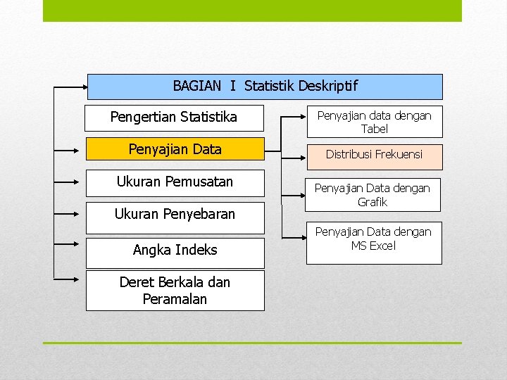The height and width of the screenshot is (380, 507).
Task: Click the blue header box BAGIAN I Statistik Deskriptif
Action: [265, 87]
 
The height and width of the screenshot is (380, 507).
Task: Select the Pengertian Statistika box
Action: [174, 118]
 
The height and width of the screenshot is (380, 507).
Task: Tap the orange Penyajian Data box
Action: [175, 149]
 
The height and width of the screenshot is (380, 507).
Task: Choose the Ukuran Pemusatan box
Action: [175, 182]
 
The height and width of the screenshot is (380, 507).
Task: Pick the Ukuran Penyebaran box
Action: [175, 214]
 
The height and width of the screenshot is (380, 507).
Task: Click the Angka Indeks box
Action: [175, 251]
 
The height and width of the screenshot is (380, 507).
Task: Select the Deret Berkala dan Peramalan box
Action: [175, 290]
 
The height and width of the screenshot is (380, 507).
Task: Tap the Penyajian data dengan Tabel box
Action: [374, 122]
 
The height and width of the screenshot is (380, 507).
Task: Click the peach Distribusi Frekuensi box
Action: [374, 155]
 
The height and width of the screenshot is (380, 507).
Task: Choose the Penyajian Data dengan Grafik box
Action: [374, 195]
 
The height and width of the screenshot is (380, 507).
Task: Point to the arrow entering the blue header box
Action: [70, 88]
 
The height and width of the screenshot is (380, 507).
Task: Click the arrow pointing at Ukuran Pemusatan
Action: [70, 182]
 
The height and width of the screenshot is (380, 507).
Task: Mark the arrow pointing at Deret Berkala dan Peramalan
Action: [70, 279]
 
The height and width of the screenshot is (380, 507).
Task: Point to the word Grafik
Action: [373, 202]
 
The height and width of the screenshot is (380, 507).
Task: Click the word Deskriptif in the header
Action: [327, 87]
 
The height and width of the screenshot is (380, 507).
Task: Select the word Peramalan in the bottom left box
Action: [175, 299]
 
